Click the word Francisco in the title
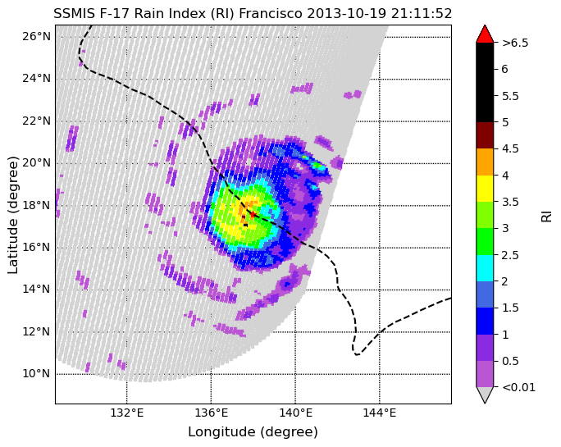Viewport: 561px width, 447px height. click(271, 14)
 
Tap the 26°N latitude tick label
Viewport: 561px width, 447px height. click(36, 36)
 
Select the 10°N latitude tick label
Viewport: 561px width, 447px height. click(36, 373)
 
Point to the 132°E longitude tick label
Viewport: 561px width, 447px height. click(126, 413)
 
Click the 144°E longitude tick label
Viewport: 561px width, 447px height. click(380, 413)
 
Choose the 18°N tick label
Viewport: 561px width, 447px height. click(36, 205)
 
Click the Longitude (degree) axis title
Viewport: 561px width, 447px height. click(253, 432)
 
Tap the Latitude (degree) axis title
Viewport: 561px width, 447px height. click(13, 215)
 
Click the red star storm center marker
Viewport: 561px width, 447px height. click(253, 214)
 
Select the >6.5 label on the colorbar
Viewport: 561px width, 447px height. click(515, 43)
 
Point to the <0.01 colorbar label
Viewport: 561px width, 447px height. click(519, 387)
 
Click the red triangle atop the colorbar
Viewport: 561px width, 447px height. click(485, 34)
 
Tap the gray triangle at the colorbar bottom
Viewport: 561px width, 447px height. click(485, 395)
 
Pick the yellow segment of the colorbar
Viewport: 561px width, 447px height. click(485, 189)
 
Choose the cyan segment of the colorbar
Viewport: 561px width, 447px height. click(485, 268)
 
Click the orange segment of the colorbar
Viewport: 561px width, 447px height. click(485, 162)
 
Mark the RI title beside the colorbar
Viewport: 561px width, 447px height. click(546, 217)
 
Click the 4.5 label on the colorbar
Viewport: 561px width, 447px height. click(510, 148)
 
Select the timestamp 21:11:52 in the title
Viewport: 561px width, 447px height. click(422, 14)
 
